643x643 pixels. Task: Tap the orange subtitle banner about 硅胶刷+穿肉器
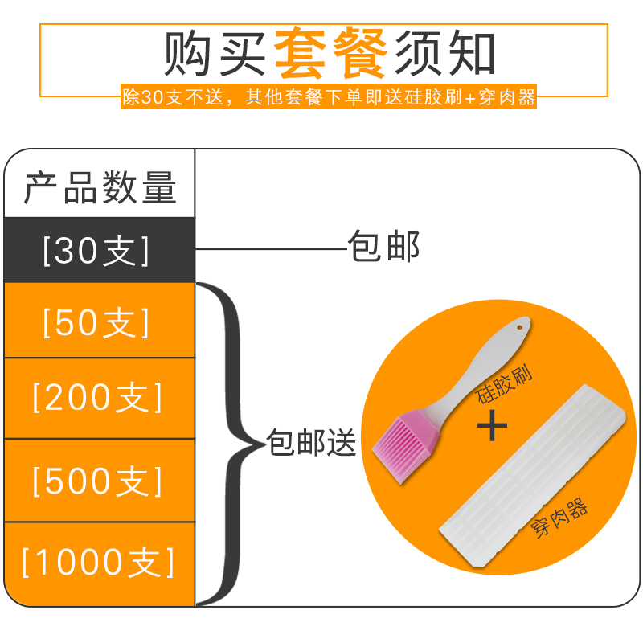(x=328, y=97)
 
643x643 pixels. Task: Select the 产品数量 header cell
(x=100, y=188)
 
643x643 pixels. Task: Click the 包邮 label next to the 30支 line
(x=383, y=247)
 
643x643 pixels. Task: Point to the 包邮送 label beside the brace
(x=312, y=443)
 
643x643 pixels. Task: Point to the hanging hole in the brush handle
(x=520, y=327)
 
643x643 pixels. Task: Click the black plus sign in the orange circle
(x=492, y=424)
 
